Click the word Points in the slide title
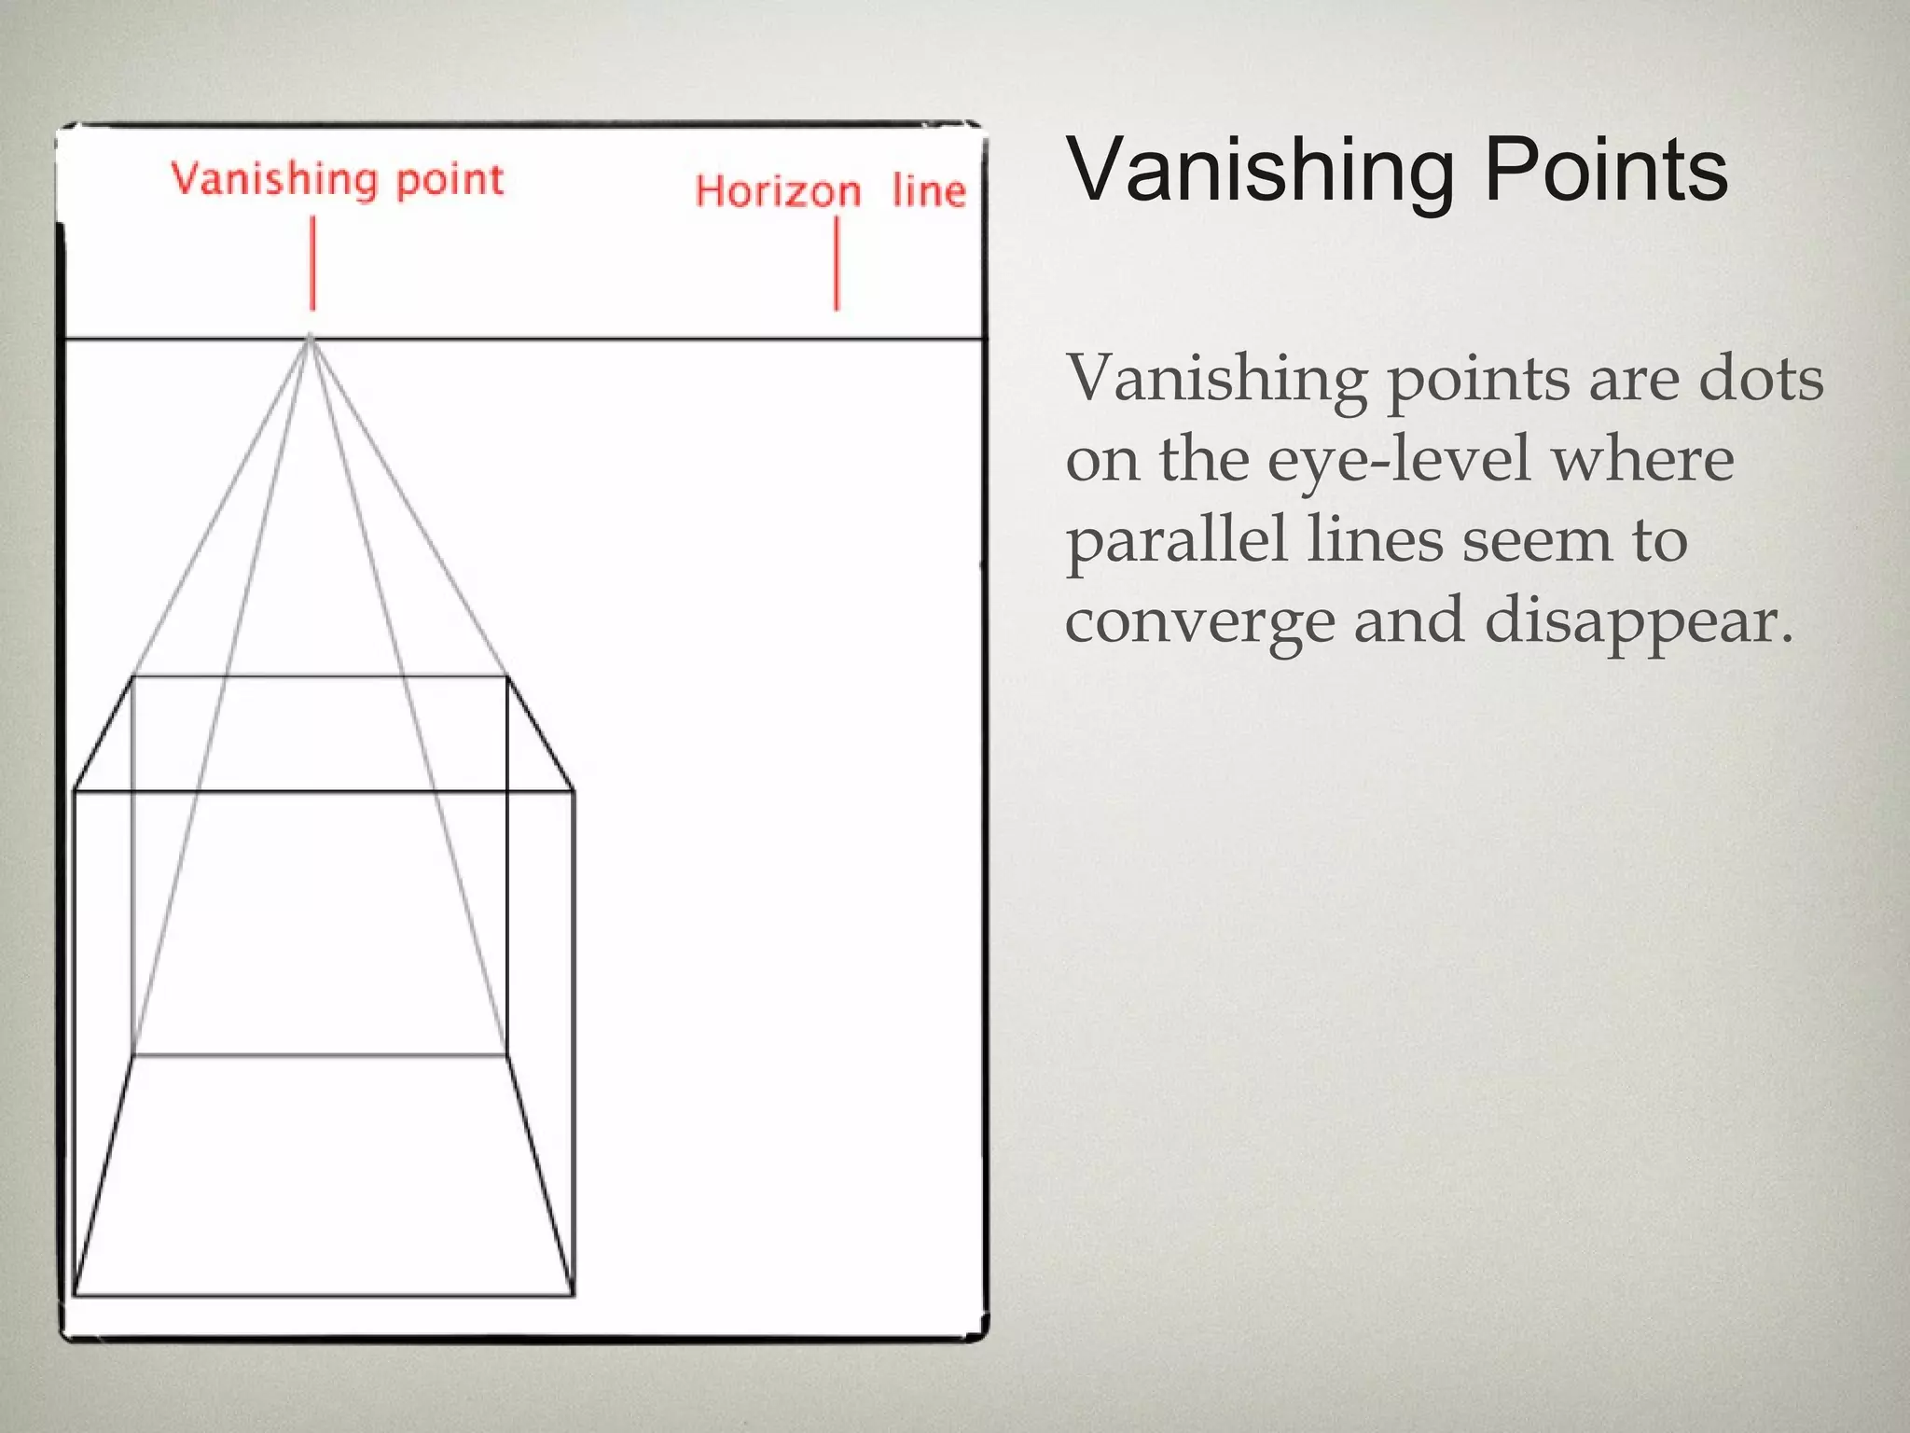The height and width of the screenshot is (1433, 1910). click(x=1605, y=170)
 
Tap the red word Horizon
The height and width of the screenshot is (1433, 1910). click(x=777, y=191)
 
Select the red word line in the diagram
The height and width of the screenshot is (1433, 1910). click(x=928, y=190)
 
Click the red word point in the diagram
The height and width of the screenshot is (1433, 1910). click(x=450, y=179)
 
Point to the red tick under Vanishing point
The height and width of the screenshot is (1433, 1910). click(x=312, y=263)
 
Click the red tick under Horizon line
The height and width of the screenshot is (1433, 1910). click(x=837, y=263)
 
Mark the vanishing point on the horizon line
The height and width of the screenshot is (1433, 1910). click(x=311, y=339)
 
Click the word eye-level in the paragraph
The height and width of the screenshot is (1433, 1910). click(x=1399, y=460)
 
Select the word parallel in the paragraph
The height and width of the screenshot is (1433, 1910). click(x=1176, y=540)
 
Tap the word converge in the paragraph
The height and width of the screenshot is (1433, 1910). click(x=1199, y=622)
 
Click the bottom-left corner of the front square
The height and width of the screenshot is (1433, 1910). click(x=75, y=1295)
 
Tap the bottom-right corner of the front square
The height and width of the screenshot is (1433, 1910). click(x=573, y=1295)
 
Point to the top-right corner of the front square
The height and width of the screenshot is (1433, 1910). click(x=573, y=791)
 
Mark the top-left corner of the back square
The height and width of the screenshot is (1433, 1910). click(x=133, y=677)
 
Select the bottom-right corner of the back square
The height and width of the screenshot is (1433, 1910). click(x=506, y=1055)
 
